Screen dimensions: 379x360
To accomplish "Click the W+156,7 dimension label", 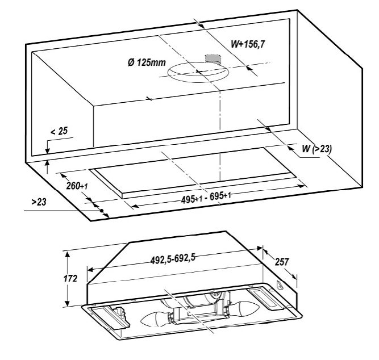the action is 248,44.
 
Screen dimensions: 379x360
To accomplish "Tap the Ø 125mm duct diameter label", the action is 147,62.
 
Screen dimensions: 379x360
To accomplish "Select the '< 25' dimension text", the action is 59,131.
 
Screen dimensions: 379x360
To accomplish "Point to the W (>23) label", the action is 317,149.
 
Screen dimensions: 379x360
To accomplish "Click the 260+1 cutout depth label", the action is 77,186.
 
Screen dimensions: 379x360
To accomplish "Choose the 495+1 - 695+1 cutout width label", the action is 206,197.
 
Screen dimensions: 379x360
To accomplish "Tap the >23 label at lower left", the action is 39,202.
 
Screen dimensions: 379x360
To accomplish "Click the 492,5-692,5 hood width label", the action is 173,259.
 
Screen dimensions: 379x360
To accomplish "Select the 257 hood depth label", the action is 282,262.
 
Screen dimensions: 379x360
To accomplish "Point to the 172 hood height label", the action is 70,279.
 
